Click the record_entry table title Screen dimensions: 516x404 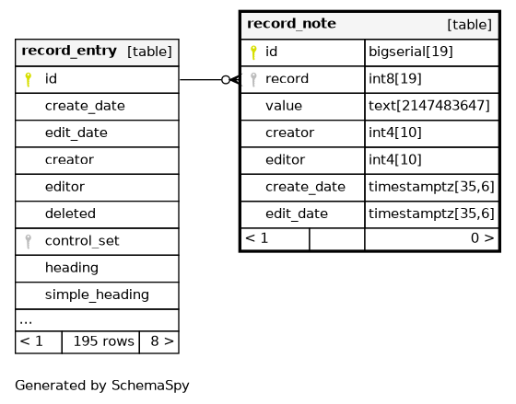coord(69,51)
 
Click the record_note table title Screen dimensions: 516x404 coord(291,24)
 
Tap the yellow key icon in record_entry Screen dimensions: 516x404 coord(29,79)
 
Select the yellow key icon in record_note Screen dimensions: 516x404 coord(253,52)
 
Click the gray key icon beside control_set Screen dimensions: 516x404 coord(29,242)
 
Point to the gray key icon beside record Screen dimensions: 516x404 coord(253,79)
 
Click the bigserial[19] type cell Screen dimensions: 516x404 coord(411,52)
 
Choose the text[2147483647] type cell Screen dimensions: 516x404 coord(429,106)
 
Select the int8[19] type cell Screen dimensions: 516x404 coord(395,79)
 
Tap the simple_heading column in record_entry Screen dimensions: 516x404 coord(97,294)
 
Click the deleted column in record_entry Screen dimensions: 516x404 coord(70,214)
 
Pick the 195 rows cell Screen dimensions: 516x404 coord(103,341)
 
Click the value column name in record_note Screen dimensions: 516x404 coord(284,106)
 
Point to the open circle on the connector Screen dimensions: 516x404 coord(226,79)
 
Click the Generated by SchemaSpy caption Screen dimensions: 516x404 coord(102,386)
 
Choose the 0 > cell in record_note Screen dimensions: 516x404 coord(483,238)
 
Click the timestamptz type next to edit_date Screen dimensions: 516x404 coord(431,214)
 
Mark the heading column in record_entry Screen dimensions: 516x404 coord(72,268)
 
